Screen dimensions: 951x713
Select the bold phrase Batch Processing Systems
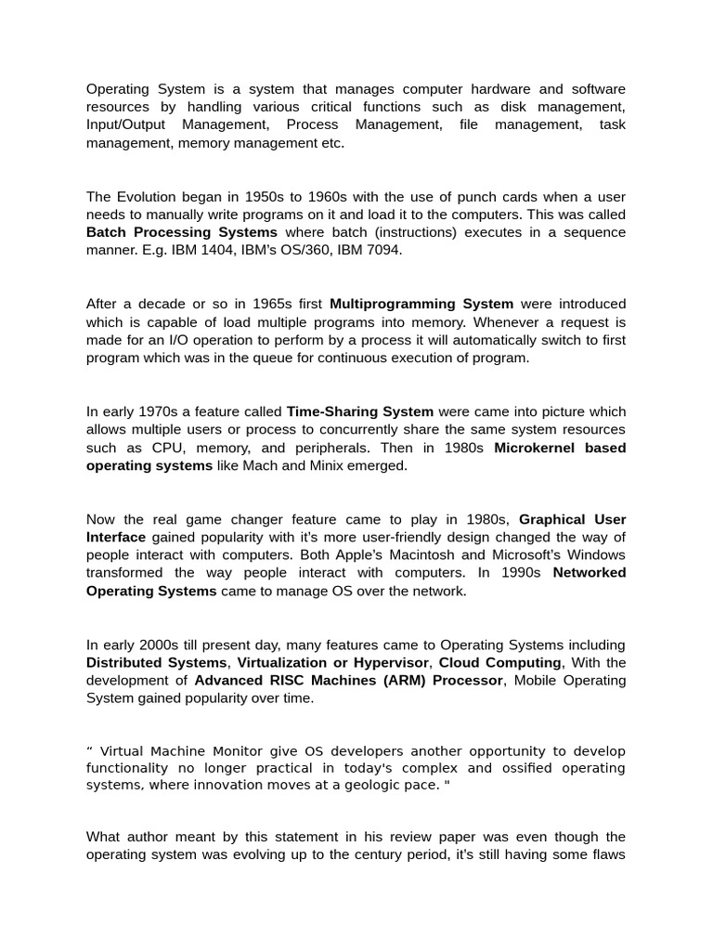coord(181,232)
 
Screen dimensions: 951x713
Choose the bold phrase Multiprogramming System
coord(421,304)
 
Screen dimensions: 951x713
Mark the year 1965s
coord(266,304)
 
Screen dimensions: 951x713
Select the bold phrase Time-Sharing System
coord(360,411)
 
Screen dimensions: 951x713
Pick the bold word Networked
coord(590,573)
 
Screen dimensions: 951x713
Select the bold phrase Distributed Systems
coord(157,662)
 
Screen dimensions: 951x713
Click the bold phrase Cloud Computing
coord(499,662)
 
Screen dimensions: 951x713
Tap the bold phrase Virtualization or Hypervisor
coord(332,662)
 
